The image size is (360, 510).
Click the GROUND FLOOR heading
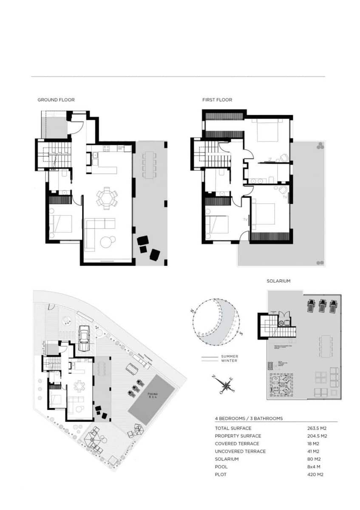coord(56,100)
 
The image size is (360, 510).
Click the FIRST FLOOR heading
coord(217,100)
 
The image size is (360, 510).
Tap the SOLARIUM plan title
coord(278,281)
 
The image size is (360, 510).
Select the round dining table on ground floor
coord(106,197)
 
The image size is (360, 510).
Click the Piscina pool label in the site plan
coord(152,395)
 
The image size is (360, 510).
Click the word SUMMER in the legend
coord(230,357)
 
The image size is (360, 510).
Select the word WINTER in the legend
coord(229,361)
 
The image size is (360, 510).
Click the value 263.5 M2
coord(317,428)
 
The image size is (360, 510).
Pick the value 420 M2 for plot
coord(315,474)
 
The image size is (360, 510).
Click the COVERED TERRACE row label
coord(237,444)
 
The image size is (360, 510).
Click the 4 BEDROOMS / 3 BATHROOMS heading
coord(249,419)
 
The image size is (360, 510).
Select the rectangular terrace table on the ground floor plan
coord(149,165)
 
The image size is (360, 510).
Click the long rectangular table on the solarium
coord(326,346)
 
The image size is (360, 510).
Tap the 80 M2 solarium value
coord(314,459)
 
